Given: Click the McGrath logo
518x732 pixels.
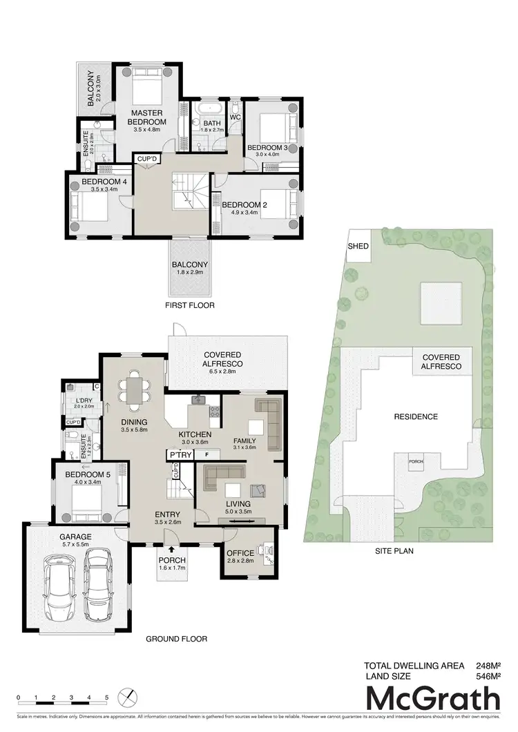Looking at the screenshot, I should (x=433, y=699).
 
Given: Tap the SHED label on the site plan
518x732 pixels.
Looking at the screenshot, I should (x=358, y=247).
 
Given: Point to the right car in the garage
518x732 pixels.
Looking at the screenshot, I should (x=97, y=579).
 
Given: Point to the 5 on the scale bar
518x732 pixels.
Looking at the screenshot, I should (x=107, y=697).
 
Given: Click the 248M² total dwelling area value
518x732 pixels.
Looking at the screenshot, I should (x=488, y=666).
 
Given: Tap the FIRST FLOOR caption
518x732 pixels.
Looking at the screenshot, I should (x=190, y=305).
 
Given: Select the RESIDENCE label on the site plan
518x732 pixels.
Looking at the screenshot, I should (x=416, y=416).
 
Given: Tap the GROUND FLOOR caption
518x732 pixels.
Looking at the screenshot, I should (x=176, y=639).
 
